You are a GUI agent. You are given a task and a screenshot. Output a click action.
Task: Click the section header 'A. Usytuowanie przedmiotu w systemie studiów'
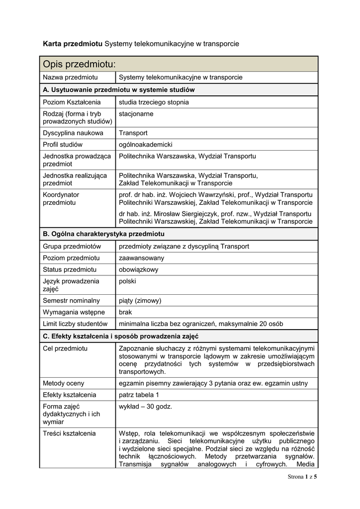119,90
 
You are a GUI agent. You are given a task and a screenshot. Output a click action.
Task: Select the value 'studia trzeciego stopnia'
154,102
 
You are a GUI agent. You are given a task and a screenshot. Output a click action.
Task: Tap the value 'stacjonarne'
136,114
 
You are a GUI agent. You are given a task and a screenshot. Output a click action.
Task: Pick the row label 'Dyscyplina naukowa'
73,133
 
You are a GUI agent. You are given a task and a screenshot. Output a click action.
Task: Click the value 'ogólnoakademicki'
145,145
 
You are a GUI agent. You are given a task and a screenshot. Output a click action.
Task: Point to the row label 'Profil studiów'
63,145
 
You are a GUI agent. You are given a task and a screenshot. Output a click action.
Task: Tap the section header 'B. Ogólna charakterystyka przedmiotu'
104,234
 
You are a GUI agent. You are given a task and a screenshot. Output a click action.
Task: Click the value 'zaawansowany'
141,258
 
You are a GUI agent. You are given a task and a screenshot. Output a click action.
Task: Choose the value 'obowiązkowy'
138,269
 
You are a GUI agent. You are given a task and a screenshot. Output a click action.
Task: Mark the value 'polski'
127,281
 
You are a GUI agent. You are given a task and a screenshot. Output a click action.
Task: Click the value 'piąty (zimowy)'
140,300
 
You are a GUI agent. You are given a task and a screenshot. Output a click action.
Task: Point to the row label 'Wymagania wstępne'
74,312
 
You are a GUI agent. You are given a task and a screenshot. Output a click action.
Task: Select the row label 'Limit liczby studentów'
75,324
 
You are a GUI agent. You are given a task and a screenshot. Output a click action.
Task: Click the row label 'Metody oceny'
63,383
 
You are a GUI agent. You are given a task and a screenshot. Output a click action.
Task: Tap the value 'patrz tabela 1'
139,395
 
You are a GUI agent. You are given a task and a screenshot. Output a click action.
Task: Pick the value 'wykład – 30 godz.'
145,406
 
